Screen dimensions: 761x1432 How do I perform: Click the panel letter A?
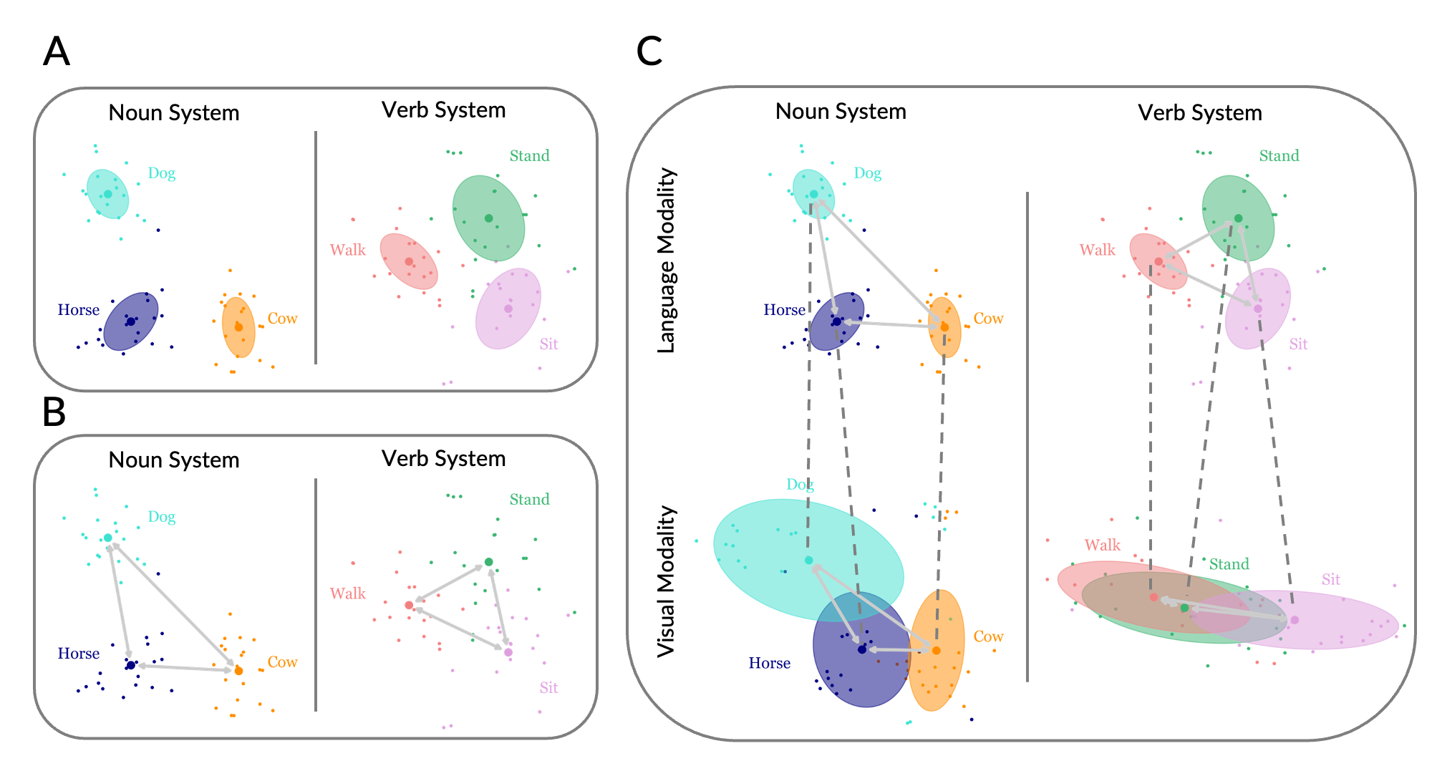[x=57, y=52]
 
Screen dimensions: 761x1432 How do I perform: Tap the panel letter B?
[x=54, y=412]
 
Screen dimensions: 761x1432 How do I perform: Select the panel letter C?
[x=649, y=52]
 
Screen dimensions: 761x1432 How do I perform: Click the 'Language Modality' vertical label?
[x=667, y=261]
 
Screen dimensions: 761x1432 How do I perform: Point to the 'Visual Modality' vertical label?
[x=667, y=581]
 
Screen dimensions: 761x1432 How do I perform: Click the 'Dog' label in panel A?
[x=161, y=173]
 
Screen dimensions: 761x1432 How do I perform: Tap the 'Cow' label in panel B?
[x=282, y=662]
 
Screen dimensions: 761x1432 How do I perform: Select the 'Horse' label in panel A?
[x=78, y=310]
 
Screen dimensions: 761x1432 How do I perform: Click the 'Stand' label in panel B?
[x=529, y=500]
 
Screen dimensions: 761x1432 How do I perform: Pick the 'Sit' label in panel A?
[x=548, y=344]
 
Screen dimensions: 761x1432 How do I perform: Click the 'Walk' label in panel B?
[x=347, y=593]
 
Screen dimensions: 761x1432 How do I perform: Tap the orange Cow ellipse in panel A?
[x=239, y=327]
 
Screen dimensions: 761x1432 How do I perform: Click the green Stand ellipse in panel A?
[x=488, y=218]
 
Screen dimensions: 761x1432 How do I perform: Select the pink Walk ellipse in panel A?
[x=408, y=261]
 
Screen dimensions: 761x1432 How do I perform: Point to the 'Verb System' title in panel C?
[x=1199, y=113]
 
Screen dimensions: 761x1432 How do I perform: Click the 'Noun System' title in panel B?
[x=174, y=460]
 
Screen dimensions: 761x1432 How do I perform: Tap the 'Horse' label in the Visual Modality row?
[x=769, y=664]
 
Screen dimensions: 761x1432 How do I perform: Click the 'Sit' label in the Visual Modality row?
[x=1330, y=580]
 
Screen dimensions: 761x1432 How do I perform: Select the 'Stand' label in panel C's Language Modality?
[x=1279, y=156]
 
